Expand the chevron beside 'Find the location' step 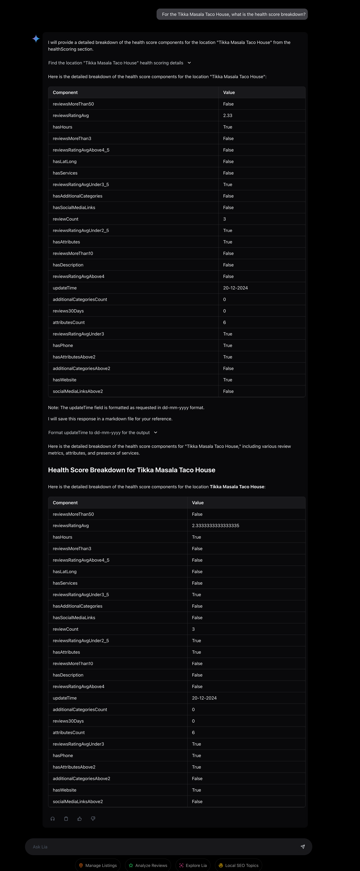189,63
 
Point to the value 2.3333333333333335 215,525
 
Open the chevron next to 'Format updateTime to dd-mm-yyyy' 155,432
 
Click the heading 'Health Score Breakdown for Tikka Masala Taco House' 131,470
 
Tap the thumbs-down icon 93,819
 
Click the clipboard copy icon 66,819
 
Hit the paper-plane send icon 302,847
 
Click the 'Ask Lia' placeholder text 40,847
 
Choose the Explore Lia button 193,865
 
